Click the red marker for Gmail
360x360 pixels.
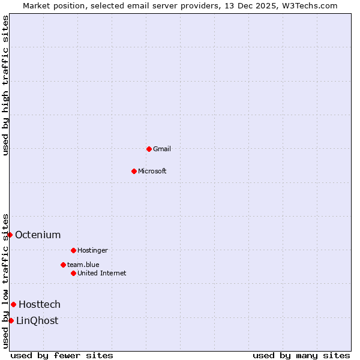tap(149, 149)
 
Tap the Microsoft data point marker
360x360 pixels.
tap(134, 171)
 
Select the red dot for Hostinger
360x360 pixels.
tap(73, 250)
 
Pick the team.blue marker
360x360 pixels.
tap(63, 265)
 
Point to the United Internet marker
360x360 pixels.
tap(73, 273)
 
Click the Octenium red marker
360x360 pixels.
tap(10, 235)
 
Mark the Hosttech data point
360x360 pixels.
tap(13, 304)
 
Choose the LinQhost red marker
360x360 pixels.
tap(11, 320)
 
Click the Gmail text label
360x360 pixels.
tap(162, 149)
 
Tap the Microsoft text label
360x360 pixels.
tap(152, 171)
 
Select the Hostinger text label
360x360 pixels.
tap(92, 250)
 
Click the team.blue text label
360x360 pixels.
tap(83, 265)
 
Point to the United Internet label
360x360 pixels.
tap(102, 273)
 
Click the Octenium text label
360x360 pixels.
tap(38, 235)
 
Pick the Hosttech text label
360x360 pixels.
tap(40, 304)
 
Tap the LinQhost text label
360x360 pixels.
tap(37, 320)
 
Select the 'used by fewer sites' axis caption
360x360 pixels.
tap(62, 355)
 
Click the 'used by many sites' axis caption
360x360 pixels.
tap(301, 355)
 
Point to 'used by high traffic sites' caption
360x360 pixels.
tap(5, 86)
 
